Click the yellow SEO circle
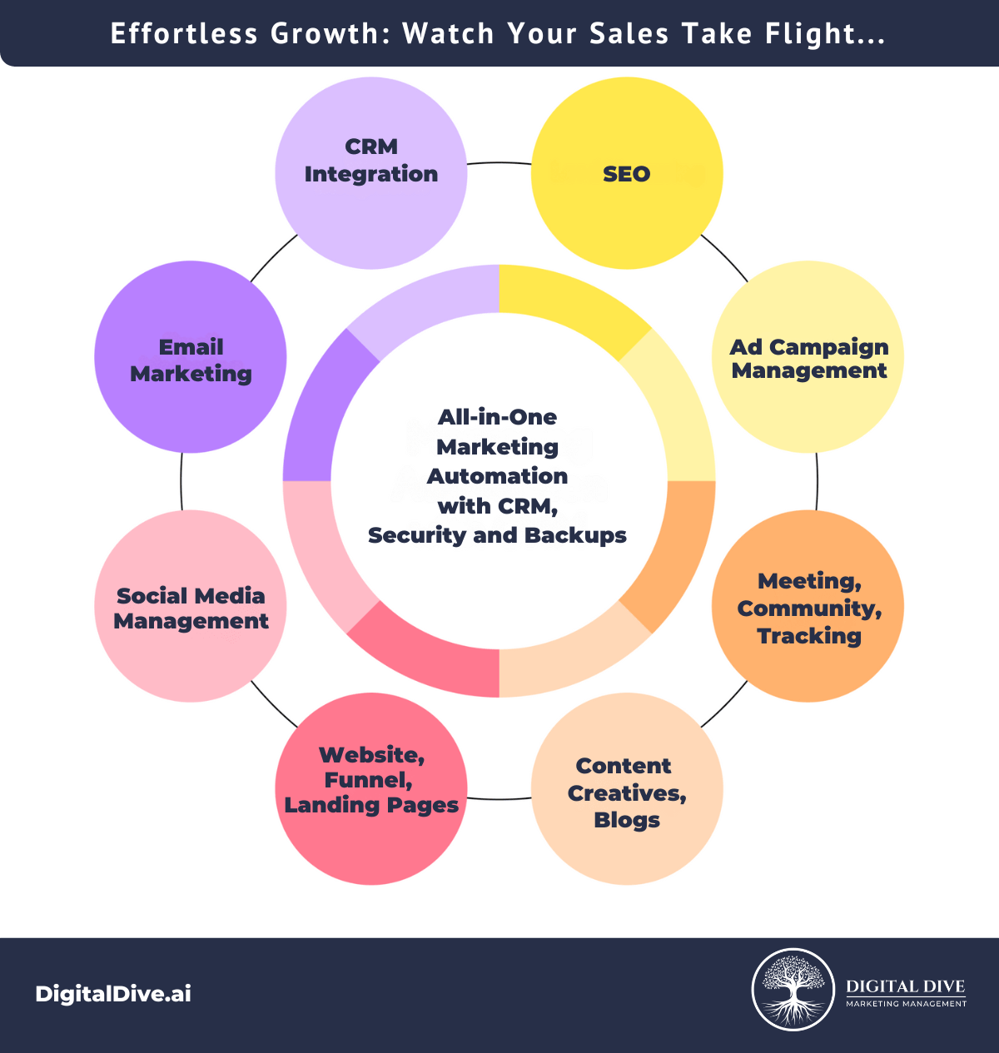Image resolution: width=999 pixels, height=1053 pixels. (x=627, y=173)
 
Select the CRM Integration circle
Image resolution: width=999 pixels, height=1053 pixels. (x=371, y=173)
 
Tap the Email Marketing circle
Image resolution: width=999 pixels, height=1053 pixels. (x=191, y=357)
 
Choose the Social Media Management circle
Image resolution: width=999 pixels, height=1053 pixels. (x=191, y=606)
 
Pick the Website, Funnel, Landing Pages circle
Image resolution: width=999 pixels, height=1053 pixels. (x=371, y=789)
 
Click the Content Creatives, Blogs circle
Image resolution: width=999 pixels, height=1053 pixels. (x=627, y=789)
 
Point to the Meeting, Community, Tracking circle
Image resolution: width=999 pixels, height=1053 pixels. (x=808, y=606)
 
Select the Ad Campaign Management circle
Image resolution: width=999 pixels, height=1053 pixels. (x=808, y=357)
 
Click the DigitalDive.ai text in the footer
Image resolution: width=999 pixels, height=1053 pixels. (x=113, y=994)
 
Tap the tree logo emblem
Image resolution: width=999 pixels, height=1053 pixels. (x=793, y=990)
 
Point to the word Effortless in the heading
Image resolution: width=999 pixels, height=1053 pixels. (x=184, y=33)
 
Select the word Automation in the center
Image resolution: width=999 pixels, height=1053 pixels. (x=497, y=476)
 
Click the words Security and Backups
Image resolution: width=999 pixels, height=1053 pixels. (x=497, y=535)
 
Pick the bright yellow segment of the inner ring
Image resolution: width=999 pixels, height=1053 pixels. (x=568, y=303)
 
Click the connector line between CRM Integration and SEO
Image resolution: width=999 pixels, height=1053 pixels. (x=499, y=163)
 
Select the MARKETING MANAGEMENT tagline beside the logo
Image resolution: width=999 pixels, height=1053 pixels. (x=907, y=1004)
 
